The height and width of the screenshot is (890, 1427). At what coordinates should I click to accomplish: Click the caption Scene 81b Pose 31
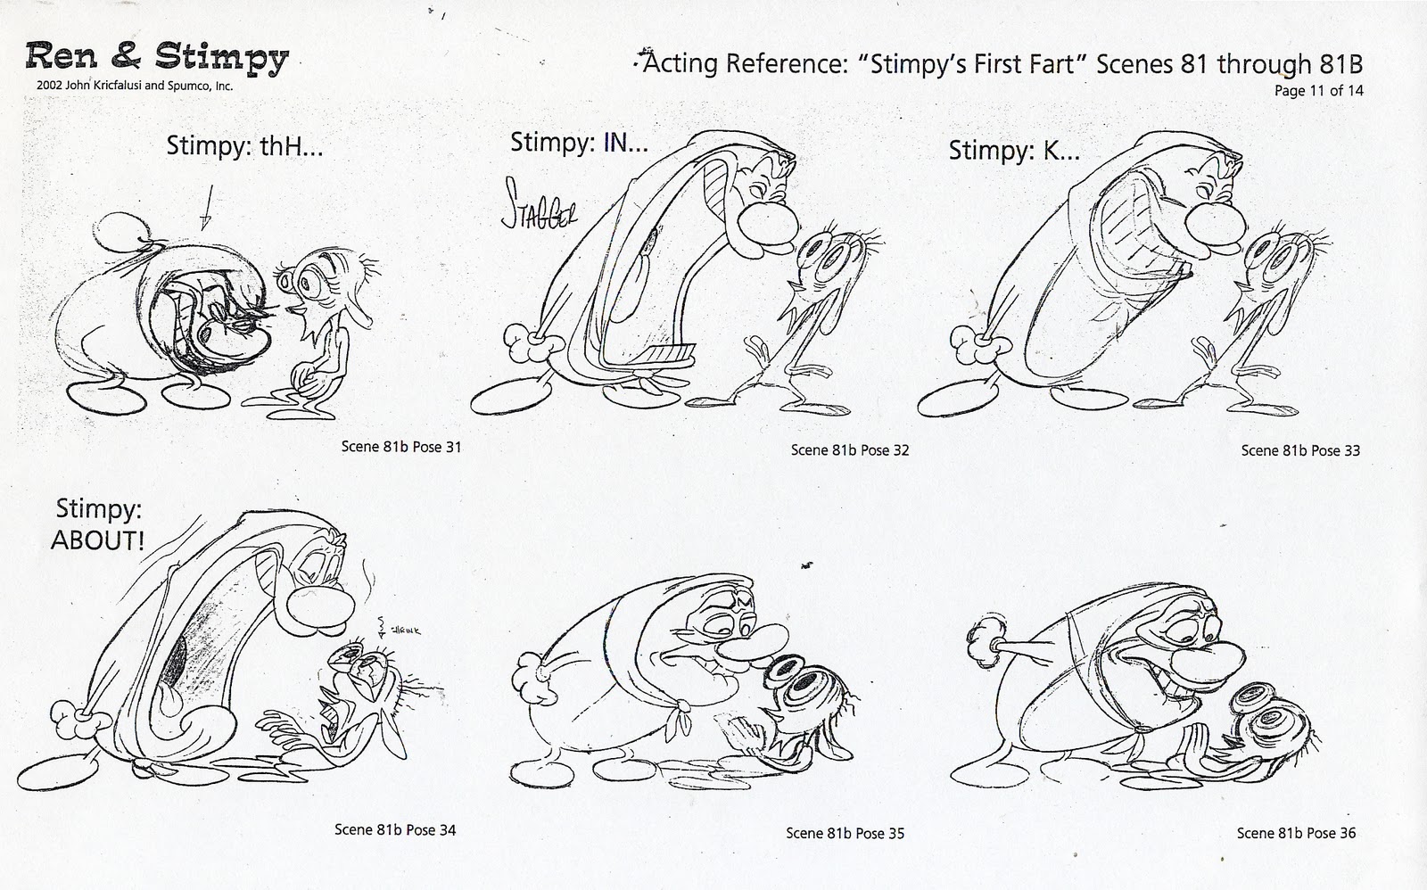(401, 447)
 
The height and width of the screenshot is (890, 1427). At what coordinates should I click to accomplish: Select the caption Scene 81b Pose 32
(850, 449)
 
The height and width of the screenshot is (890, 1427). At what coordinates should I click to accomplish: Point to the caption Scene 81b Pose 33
(1300, 449)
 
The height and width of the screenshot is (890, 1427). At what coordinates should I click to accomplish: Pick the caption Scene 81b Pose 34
(395, 829)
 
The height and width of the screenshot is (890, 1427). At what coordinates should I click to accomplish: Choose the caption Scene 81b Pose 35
(845, 833)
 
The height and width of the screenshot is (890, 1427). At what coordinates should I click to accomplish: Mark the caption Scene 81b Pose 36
(1296, 832)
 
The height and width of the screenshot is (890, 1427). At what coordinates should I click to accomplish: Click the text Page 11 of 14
(1318, 90)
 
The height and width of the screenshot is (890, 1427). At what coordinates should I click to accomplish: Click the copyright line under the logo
(130, 87)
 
